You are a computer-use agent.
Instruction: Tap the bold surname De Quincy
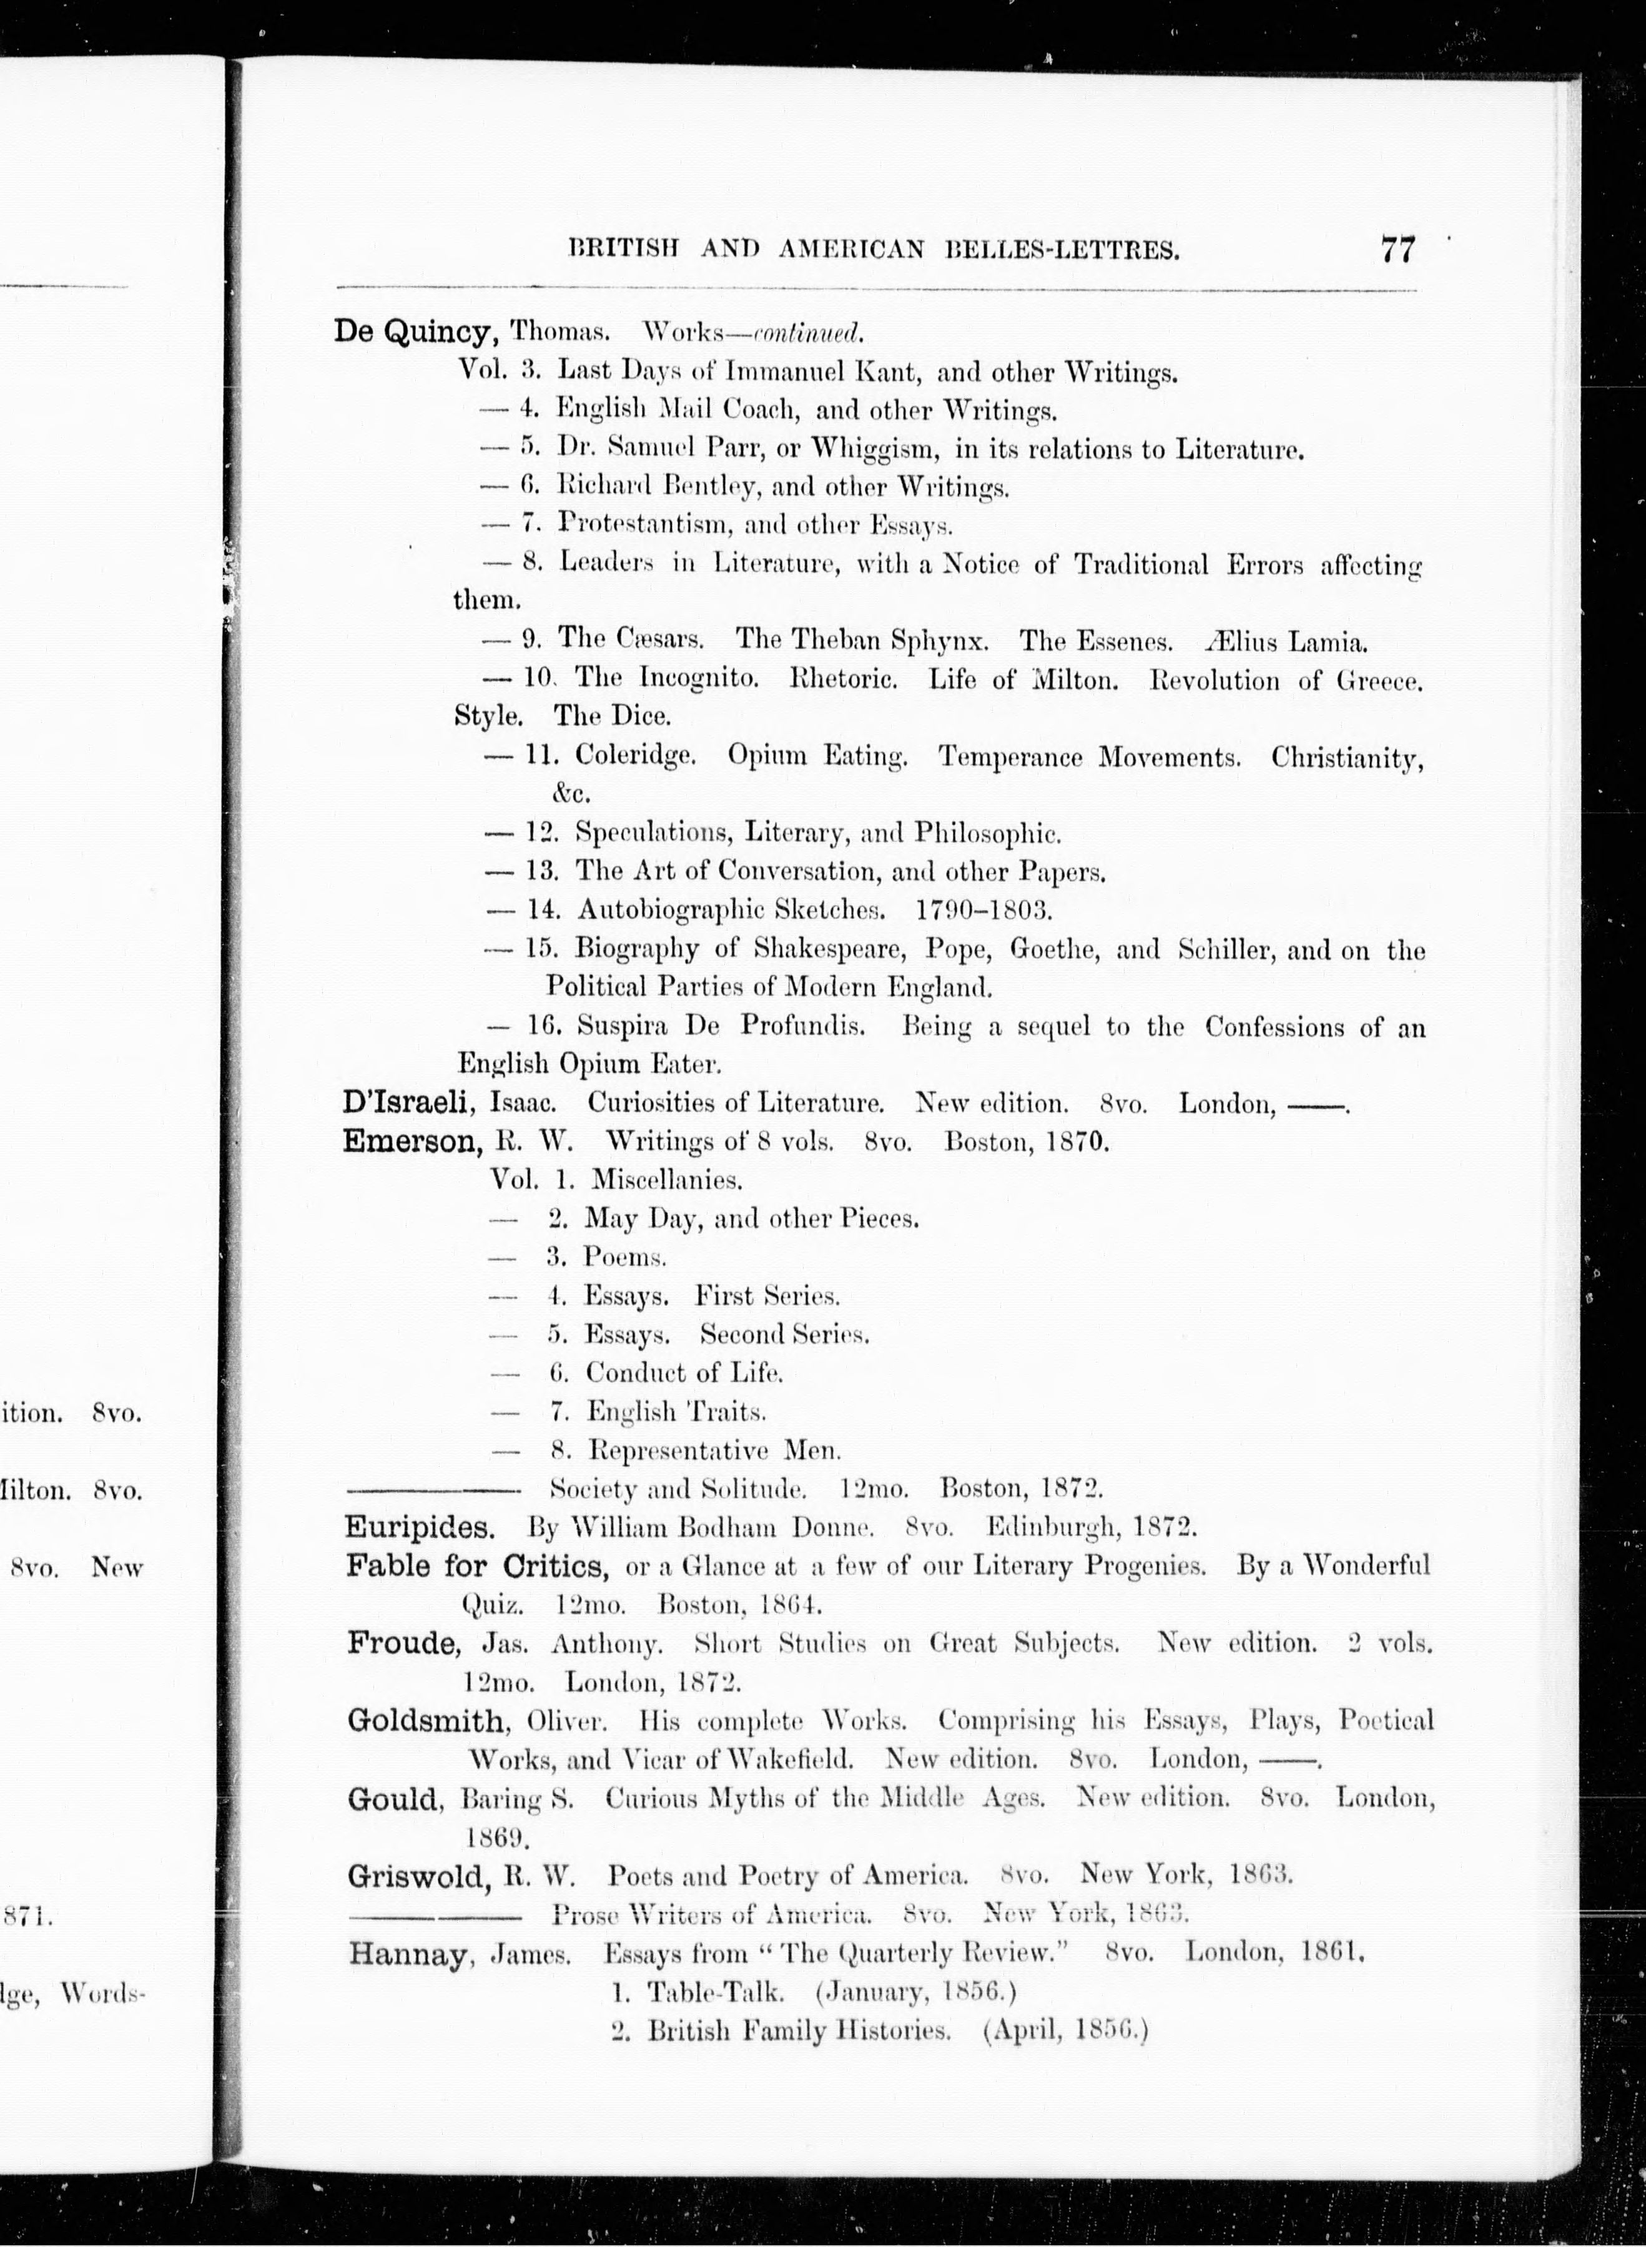[415, 331]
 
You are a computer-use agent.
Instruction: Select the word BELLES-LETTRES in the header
[1061, 250]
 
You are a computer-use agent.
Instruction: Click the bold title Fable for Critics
[477, 1566]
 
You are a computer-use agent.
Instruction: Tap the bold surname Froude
[403, 1642]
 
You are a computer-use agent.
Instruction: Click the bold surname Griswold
[418, 1876]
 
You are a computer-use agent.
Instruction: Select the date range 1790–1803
[983, 909]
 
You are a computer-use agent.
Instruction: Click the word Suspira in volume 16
[624, 1026]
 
